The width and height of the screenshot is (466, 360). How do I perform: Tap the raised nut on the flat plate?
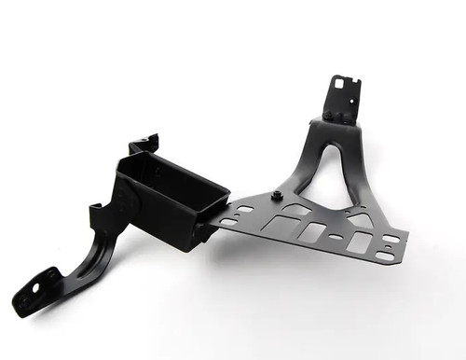click(277, 196)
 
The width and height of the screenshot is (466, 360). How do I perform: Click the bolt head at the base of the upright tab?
click(331, 115)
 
